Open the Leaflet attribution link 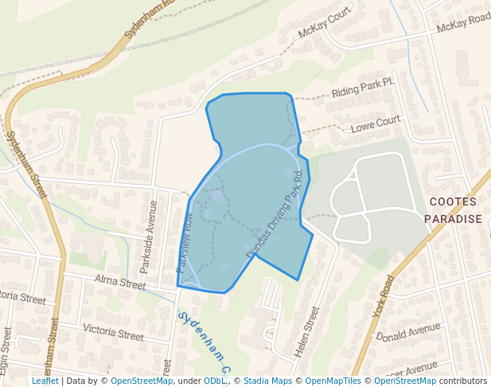tap(45, 381)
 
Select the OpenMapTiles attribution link tap(333, 381)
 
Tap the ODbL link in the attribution tap(215, 381)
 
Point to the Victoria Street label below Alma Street tap(113, 332)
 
